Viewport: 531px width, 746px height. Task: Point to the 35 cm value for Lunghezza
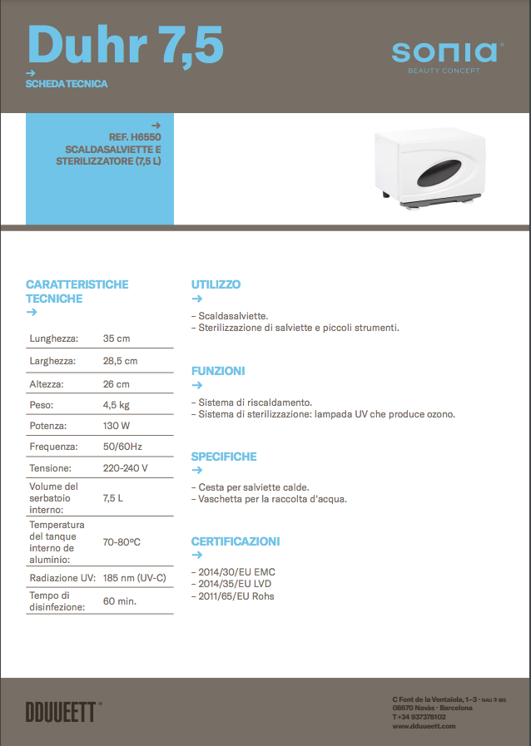pyautogui.click(x=116, y=338)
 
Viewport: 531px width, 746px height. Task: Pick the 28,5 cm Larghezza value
pyautogui.click(x=120, y=361)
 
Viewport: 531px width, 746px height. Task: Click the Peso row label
pyautogui.click(x=42, y=405)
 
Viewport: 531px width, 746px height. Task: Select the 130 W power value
pyautogui.click(x=117, y=424)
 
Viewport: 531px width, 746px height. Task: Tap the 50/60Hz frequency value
pyautogui.click(x=122, y=447)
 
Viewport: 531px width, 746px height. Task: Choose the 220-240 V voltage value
pyautogui.click(x=125, y=468)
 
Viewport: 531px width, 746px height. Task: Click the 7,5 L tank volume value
pyautogui.click(x=114, y=497)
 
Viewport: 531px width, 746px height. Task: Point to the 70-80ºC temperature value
pyautogui.click(x=122, y=541)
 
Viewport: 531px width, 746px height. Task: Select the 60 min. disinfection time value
pyautogui.click(x=120, y=600)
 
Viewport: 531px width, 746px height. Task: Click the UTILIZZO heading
pyautogui.click(x=216, y=284)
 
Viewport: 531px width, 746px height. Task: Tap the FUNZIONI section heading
pyautogui.click(x=218, y=371)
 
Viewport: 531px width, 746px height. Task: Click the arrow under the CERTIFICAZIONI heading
pyautogui.click(x=197, y=555)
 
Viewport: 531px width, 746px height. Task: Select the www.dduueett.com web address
pyautogui.click(x=424, y=726)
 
